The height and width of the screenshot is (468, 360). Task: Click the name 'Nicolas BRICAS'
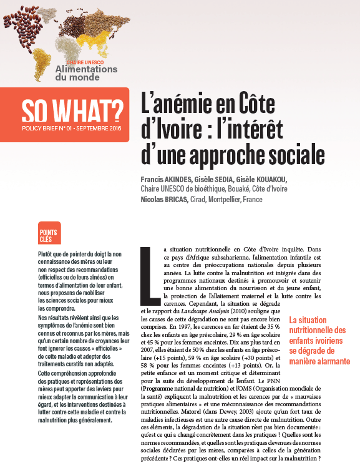[x=165, y=199]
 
